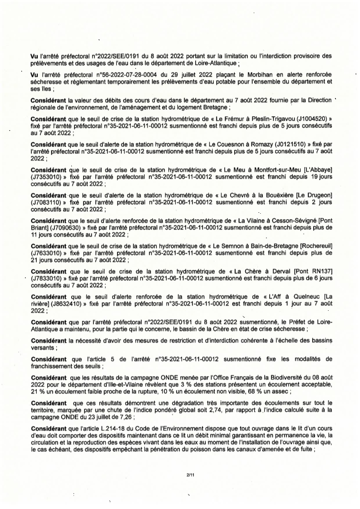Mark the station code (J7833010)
[x=47, y=278]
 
